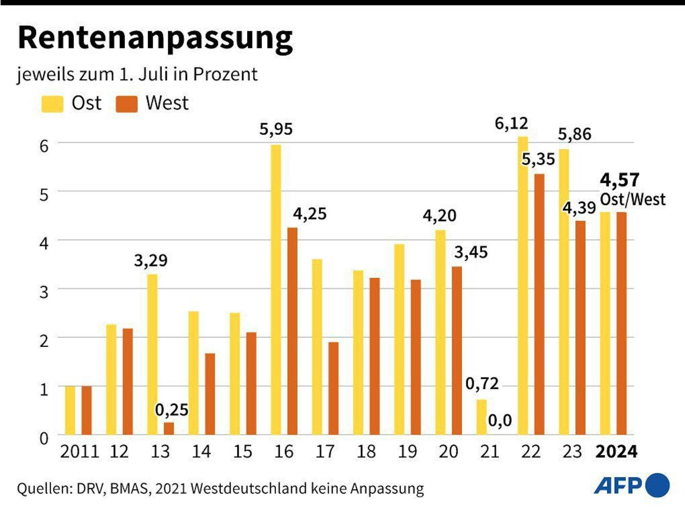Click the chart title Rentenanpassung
point(155,38)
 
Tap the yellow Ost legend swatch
point(52,104)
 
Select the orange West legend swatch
point(126,104)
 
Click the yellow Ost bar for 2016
point(276,290)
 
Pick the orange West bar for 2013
point(169,429)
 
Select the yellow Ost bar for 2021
point(482,417)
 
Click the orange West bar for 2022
point(539,304)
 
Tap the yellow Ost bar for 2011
point(70,410)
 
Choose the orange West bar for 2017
point(333,388)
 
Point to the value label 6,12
point(511,124)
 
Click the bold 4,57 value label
point(619,180)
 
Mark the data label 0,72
point(482,384)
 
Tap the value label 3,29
point(151,260)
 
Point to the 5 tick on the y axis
point(44,195)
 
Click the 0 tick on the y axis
point(44,438)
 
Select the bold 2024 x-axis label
point(616,452)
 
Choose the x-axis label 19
point(407,452)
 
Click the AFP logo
point(631,485)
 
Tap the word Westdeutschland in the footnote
point(248,488)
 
